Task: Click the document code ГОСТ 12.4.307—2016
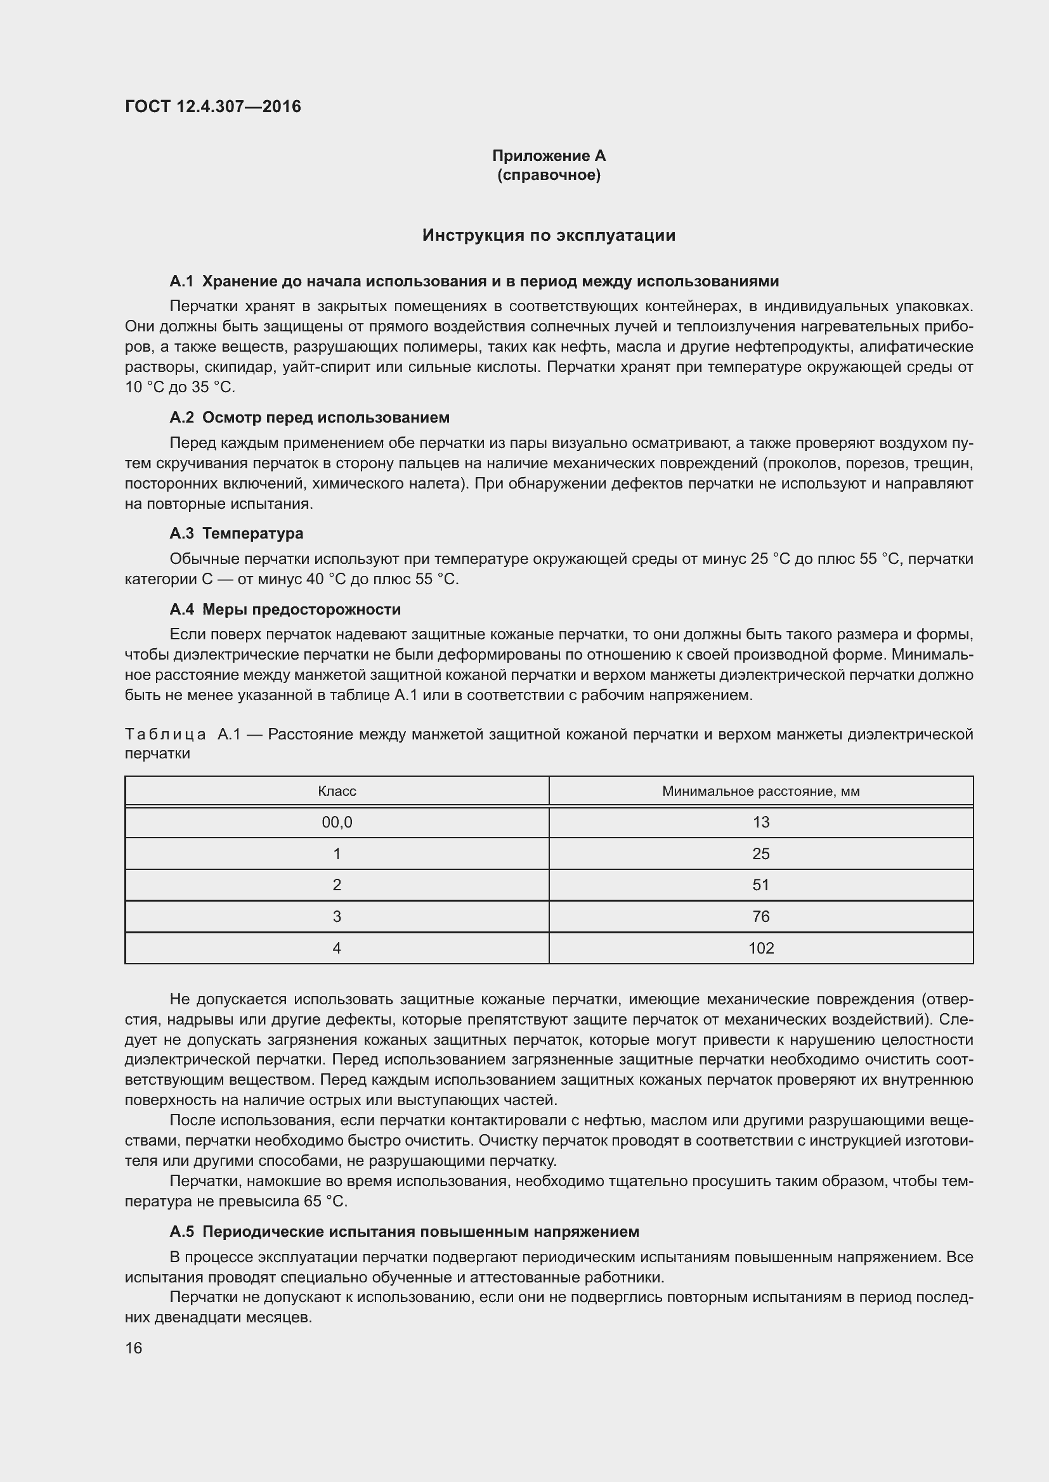[212, 106]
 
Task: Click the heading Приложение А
[549, 156]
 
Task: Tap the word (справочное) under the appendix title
[549, 175]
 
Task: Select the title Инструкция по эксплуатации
[549, 235]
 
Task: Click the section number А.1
[181, 281]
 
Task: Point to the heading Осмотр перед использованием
[325, 418]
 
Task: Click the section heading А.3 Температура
[236, 533]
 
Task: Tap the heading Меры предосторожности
[301, 610]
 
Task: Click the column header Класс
[337, 791]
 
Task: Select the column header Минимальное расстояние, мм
[760, 791]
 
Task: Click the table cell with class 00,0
[337, 822]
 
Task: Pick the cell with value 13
[760, 822]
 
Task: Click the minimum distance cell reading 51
[760, 885]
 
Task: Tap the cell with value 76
[760, 917]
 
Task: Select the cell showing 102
[760, 949]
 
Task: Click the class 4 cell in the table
[337, 949]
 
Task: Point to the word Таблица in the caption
[166, 734]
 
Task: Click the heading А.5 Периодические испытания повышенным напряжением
[404, 1232]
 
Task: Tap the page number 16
[134, 1348]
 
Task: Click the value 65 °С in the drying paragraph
[325, 1201]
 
